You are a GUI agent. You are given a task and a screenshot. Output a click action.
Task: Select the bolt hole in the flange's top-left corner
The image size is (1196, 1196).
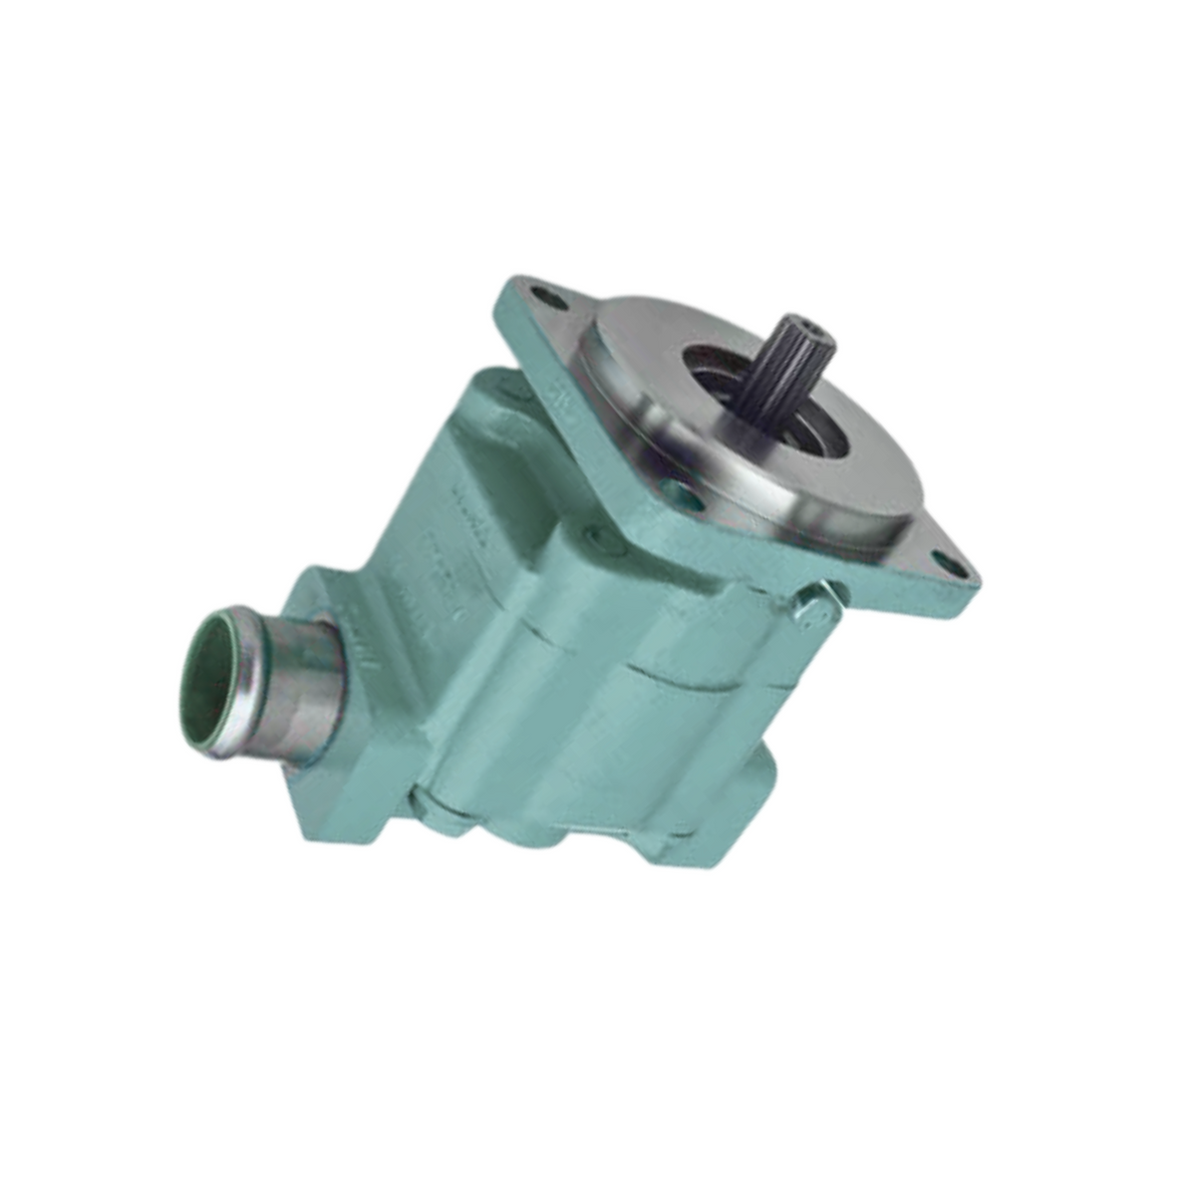[542, 297]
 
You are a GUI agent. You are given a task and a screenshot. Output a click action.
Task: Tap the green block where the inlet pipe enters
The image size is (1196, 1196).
[359, 738]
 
